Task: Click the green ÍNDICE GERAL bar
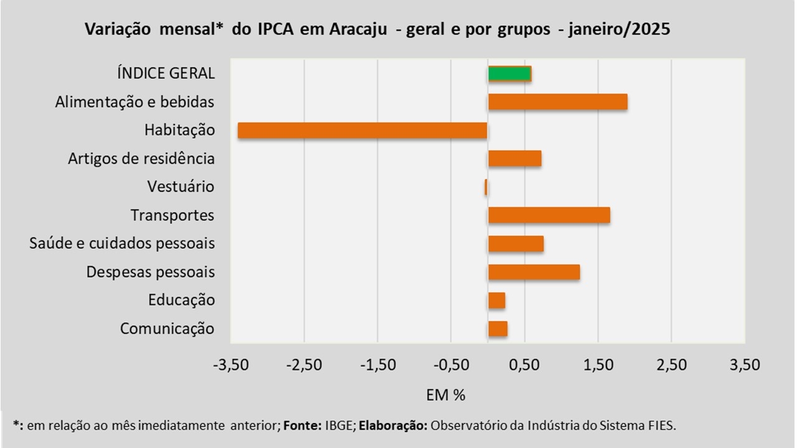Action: point(509,73)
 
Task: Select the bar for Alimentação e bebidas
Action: point(557,102)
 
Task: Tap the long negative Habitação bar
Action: point(362,130)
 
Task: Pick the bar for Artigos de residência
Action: point(514,159)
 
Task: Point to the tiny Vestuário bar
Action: point(486,187)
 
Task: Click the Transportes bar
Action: point(549,215)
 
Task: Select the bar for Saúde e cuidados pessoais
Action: point(516,243)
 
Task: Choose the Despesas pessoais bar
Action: point(534,272)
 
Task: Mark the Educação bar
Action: point(496,301)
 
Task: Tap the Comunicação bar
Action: point(498,329)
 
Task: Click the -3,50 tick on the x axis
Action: point(230,365)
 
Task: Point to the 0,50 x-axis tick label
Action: point(524,365)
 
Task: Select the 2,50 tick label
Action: point(671,365)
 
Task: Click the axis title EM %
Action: point(446,394)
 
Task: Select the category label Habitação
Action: point(179,131)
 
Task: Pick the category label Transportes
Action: point(172,215)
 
